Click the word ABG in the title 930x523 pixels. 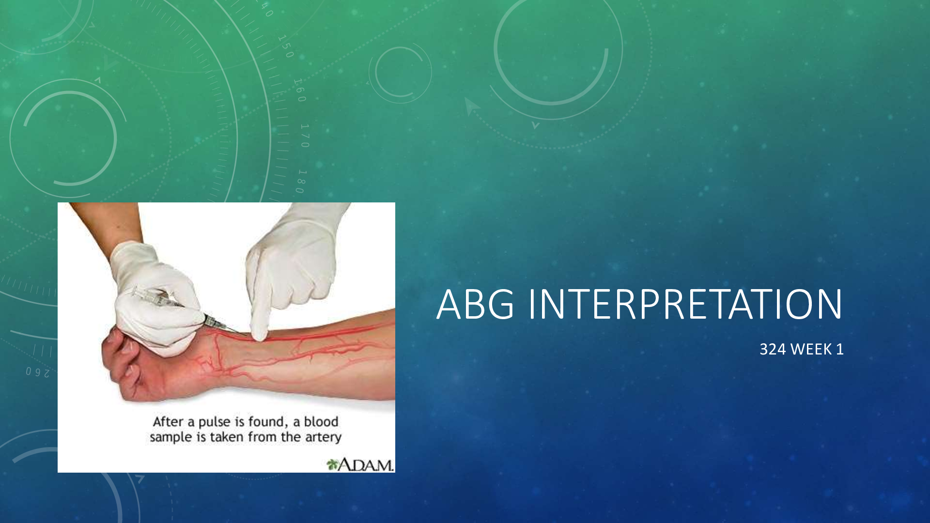[x=475, y=304]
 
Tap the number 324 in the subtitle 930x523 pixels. [x=773, y=349]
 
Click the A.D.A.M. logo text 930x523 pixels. [x=366, y=465]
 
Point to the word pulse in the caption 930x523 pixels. [x=215, y=422]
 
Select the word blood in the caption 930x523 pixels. [x=321, y=422]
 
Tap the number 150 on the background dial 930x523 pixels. [x=286, y=46]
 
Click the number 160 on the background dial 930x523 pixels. [x=300, y=90]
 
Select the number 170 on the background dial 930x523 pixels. [x=304, y=136]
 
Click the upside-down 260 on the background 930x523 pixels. [x=38, y=372]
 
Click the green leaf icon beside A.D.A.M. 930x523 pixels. [x=332, y=465]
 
